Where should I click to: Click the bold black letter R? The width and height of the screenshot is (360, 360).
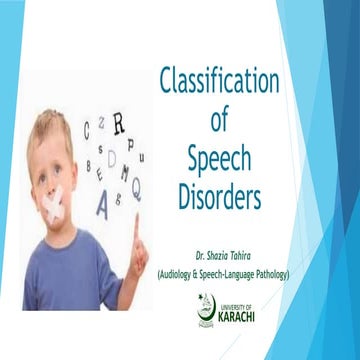tap(118, 123)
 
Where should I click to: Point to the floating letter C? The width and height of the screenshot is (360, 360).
tap(87, 128)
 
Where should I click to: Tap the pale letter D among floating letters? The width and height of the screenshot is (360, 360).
tap(111, 158)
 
